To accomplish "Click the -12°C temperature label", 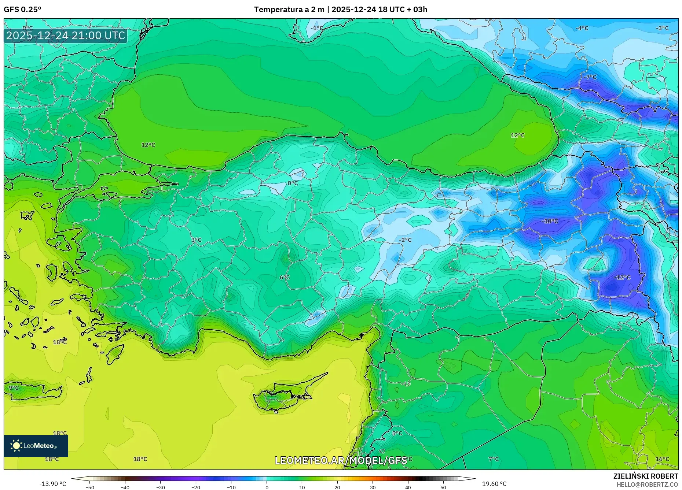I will (x=622, y=278).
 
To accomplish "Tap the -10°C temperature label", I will (x=550, y=221).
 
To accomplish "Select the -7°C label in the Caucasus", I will (x=590, y=77).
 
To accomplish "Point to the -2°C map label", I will (x=405, y=240).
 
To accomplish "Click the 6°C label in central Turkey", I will (x=285, y=278).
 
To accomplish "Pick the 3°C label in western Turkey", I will (x=196, y=240).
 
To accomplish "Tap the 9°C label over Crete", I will (x=14, y=388).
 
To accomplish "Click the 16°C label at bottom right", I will (x=662, y=459).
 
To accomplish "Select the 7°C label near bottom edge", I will (x=494, y=459).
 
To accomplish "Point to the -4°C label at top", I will (x=582, y=28).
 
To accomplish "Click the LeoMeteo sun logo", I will (x=16, y=446).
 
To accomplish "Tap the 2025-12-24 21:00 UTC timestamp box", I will (x=66, y=36).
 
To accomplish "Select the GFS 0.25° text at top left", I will (x=23, y=10).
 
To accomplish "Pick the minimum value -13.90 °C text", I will (x=53, y=484).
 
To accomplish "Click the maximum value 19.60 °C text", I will (x=494, y=484).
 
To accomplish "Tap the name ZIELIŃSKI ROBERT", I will (x=645, y=476).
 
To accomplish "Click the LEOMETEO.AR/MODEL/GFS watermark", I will (x=341, y=460).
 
